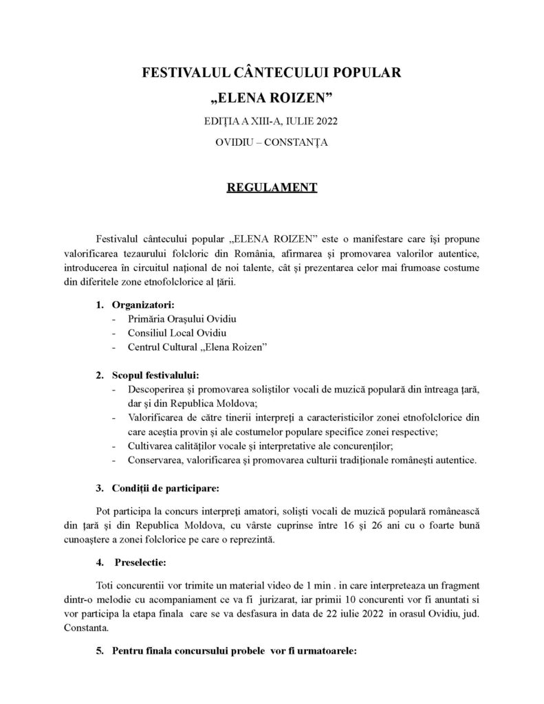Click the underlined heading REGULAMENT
pyautogui.click(x=272, y=187)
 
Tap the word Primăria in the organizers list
pyautogui.click(x=147, y=319)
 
